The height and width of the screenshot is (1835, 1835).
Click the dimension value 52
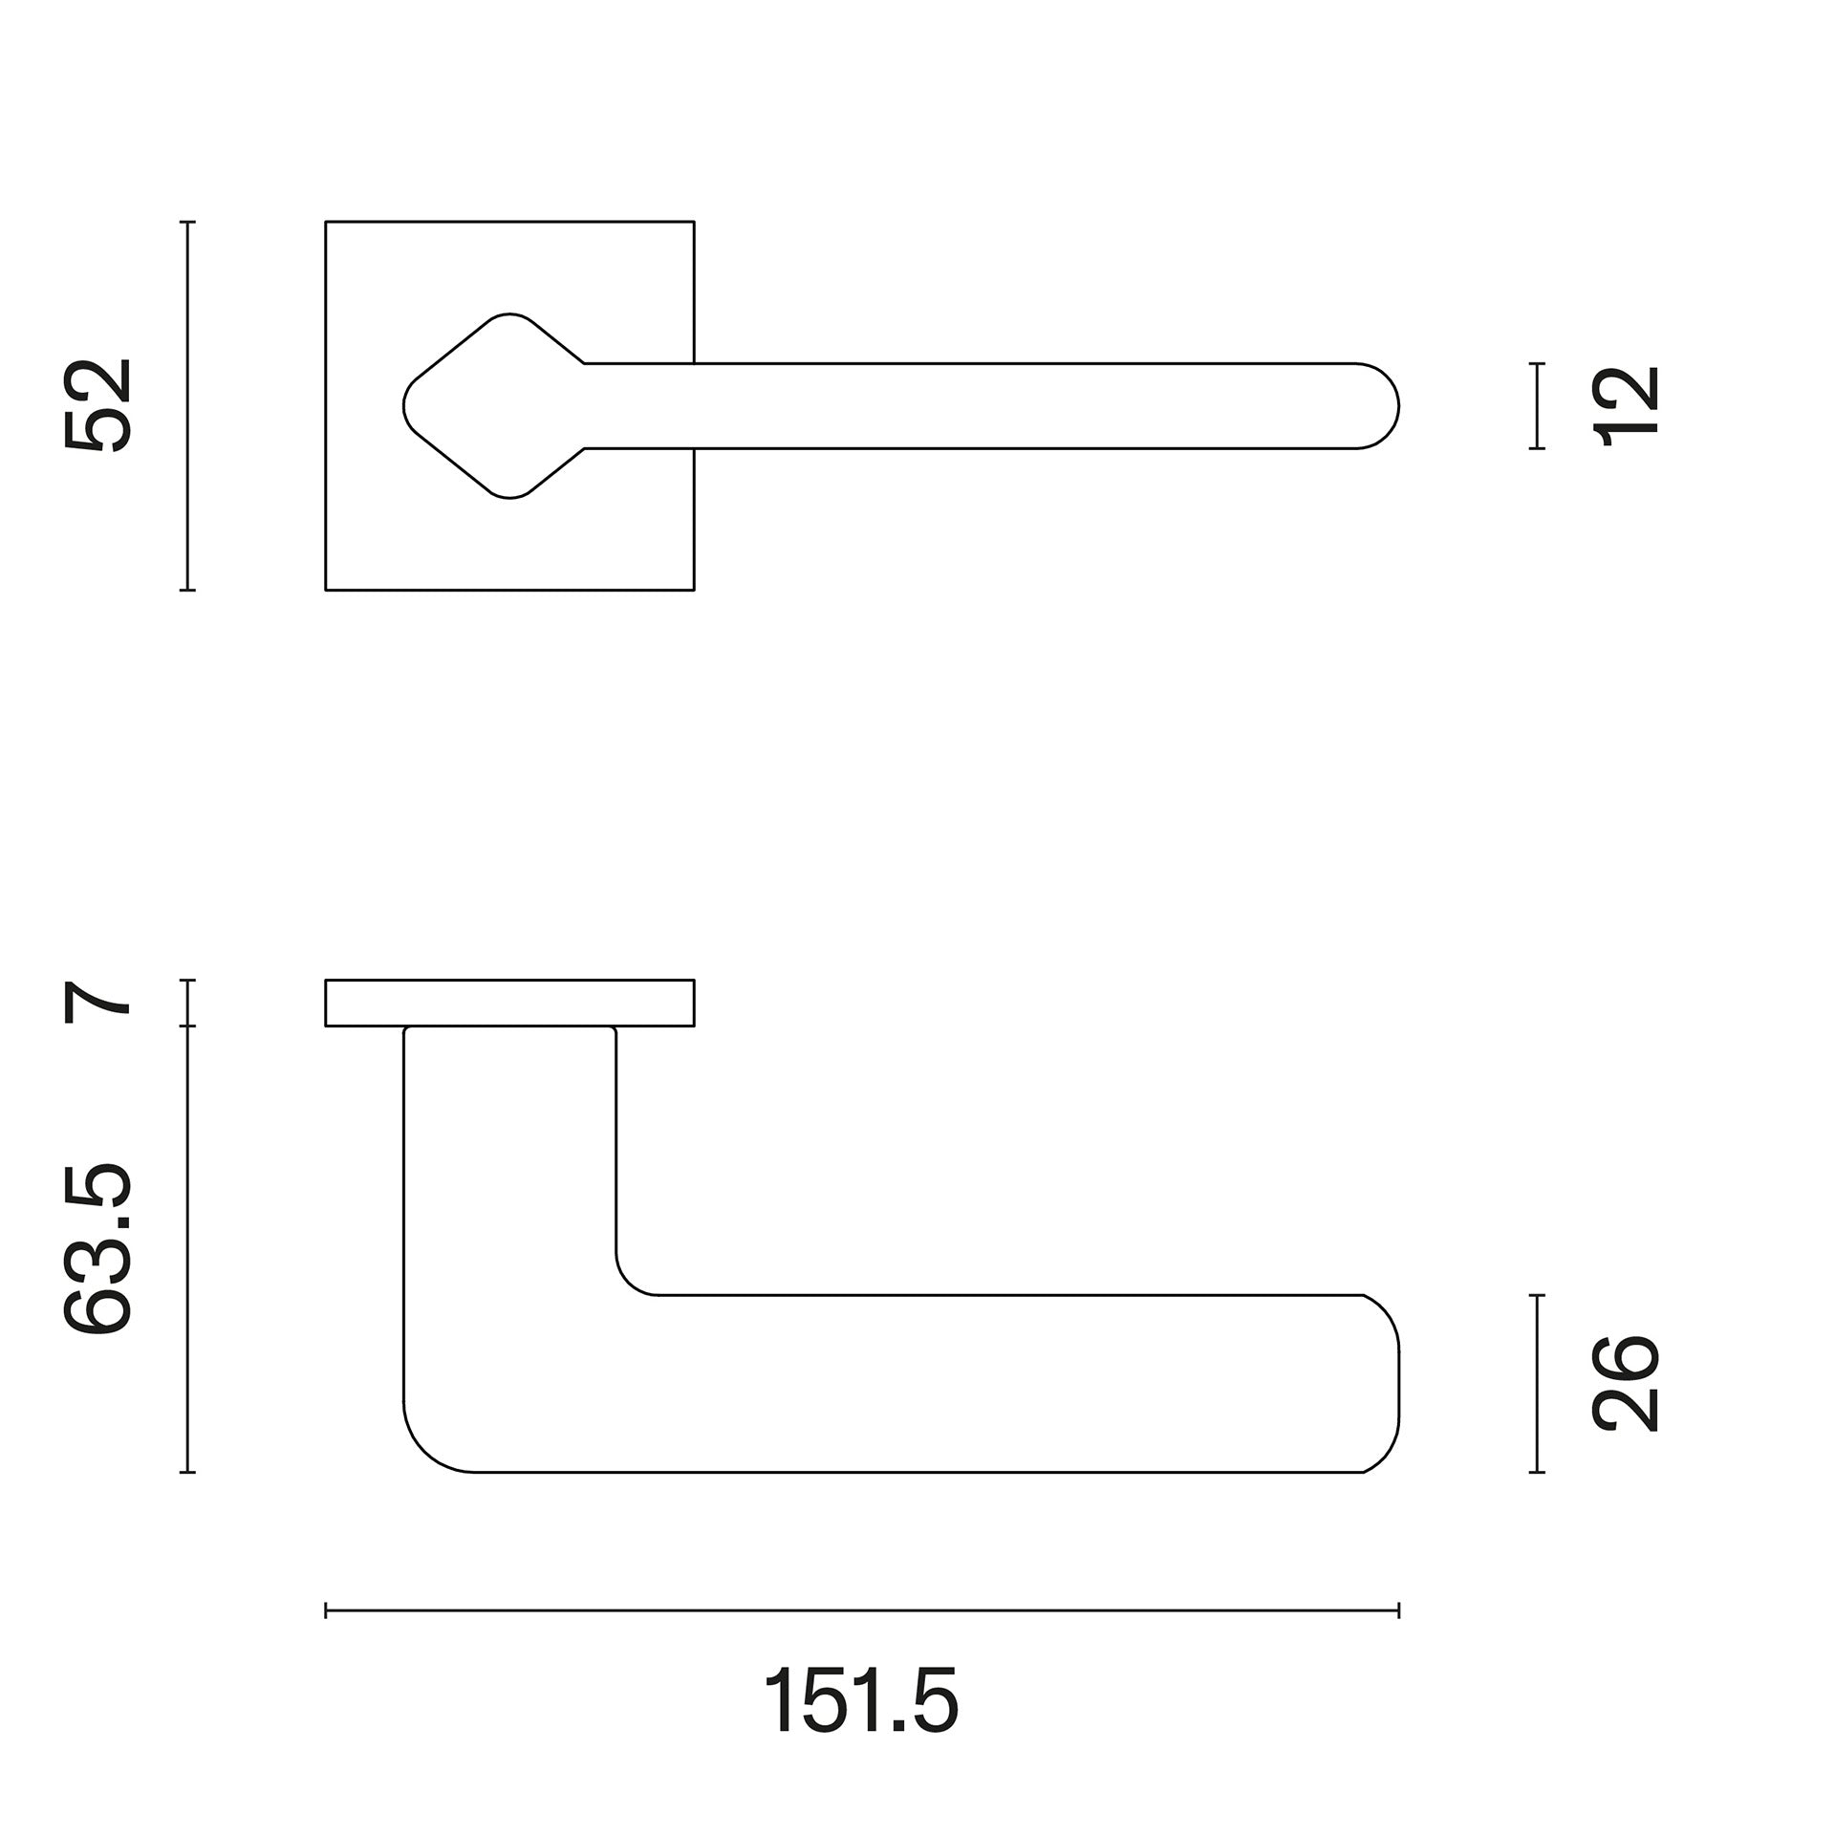97,404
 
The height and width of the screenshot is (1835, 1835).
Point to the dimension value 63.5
97,1249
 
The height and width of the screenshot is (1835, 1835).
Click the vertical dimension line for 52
188,406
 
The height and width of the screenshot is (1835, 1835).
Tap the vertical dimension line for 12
1537,405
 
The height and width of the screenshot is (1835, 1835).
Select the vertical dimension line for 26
1537,1383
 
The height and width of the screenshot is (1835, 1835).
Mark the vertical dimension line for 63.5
188,1249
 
